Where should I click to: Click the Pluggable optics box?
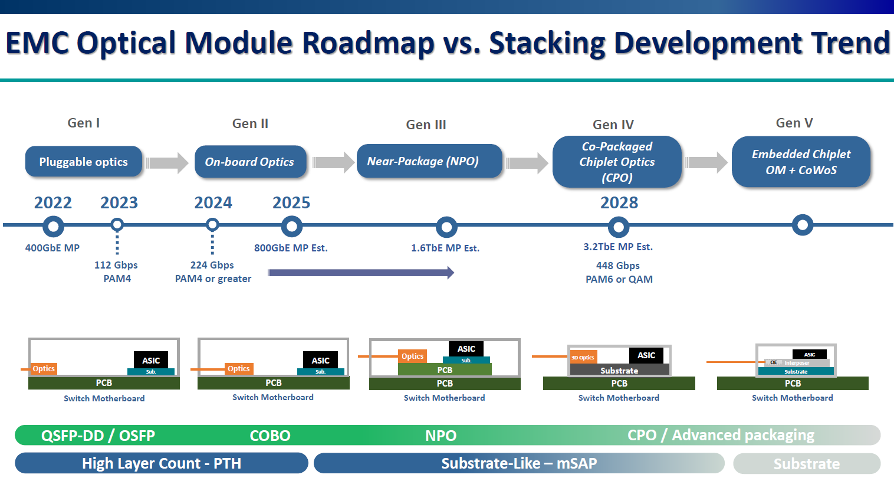(83, 162)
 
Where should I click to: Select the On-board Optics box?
(250, 162)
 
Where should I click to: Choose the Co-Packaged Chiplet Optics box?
(617, 162)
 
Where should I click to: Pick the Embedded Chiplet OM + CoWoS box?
(801, 162)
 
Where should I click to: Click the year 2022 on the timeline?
(53, 202)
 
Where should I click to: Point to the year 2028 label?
(619, 202)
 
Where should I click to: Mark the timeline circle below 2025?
(291, 226)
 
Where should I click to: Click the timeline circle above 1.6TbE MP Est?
(446, 227)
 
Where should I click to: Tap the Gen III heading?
(426, 125)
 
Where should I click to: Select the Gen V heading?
(794, 123)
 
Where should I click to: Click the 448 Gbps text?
(617, 266)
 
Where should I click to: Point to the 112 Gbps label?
(116, 265)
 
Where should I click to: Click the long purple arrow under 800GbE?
(360, 272)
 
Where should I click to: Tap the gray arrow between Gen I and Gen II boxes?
(167, 163)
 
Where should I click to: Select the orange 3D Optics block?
(583, 357)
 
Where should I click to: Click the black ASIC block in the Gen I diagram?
(151, 360)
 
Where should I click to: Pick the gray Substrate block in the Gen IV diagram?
(619, 370)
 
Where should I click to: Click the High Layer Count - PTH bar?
(161, 463)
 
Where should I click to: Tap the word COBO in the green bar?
(270, 436)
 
